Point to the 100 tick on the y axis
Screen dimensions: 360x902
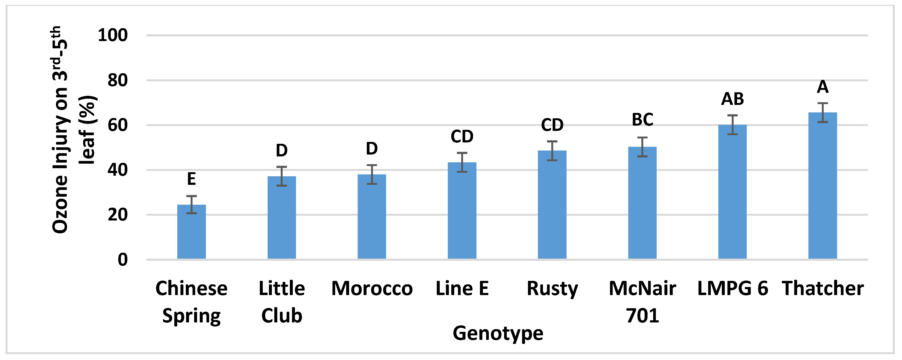tap(113, 35)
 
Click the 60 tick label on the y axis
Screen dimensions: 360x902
tap(118, 125)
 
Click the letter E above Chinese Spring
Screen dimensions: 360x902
tap(191, 179)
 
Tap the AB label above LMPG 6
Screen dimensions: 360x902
tap(732, 99)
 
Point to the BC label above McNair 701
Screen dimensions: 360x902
tap(642, 120)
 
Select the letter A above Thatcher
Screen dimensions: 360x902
tap(823, 87)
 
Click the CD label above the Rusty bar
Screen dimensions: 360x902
tap(552, 125)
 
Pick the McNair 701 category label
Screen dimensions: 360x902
tap(642, 302)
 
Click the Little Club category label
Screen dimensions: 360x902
tap(282, 302)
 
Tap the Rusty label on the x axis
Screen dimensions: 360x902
tap(552, 289)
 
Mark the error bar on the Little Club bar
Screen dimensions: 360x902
tap(282, 176)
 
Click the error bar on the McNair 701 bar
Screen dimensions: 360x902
tap(642, 147)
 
